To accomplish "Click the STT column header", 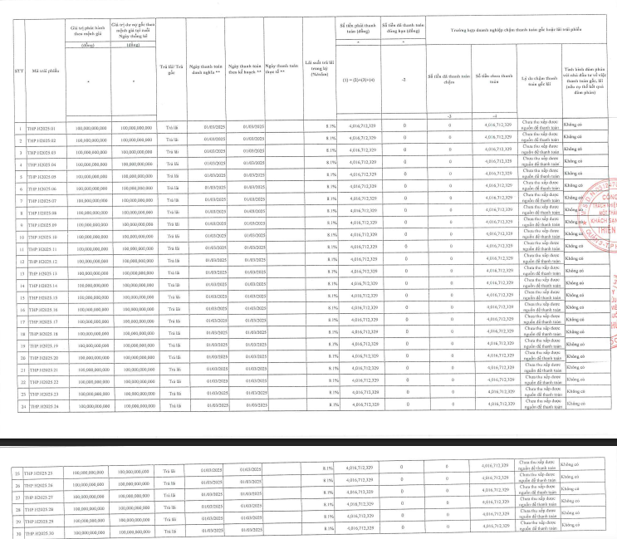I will point(18,70).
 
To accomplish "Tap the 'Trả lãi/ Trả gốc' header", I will point(172,67).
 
